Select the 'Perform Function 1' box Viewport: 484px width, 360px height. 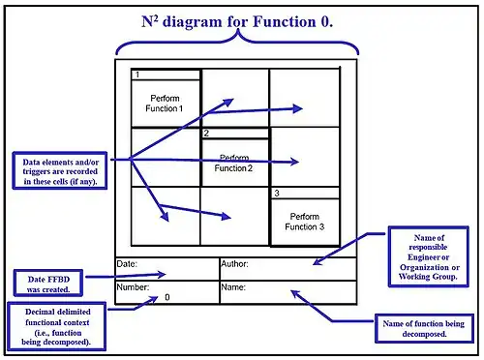pos(166,104)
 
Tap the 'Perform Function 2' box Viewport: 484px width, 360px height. pos(235,163)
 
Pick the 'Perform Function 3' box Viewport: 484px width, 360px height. pos(304,222)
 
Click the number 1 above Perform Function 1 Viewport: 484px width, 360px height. pos(137,75)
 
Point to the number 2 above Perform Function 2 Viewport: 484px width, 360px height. pos(206,133)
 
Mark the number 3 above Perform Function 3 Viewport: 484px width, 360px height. pos(276,194)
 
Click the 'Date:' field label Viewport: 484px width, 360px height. pos(127,263)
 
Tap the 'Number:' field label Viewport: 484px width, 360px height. pos(133,287)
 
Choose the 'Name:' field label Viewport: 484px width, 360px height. pos(233,287)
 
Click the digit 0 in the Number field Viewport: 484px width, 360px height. pos(166,297)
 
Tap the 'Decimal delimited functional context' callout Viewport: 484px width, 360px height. pos(54,326)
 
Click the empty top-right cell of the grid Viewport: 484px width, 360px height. pos(305,98)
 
